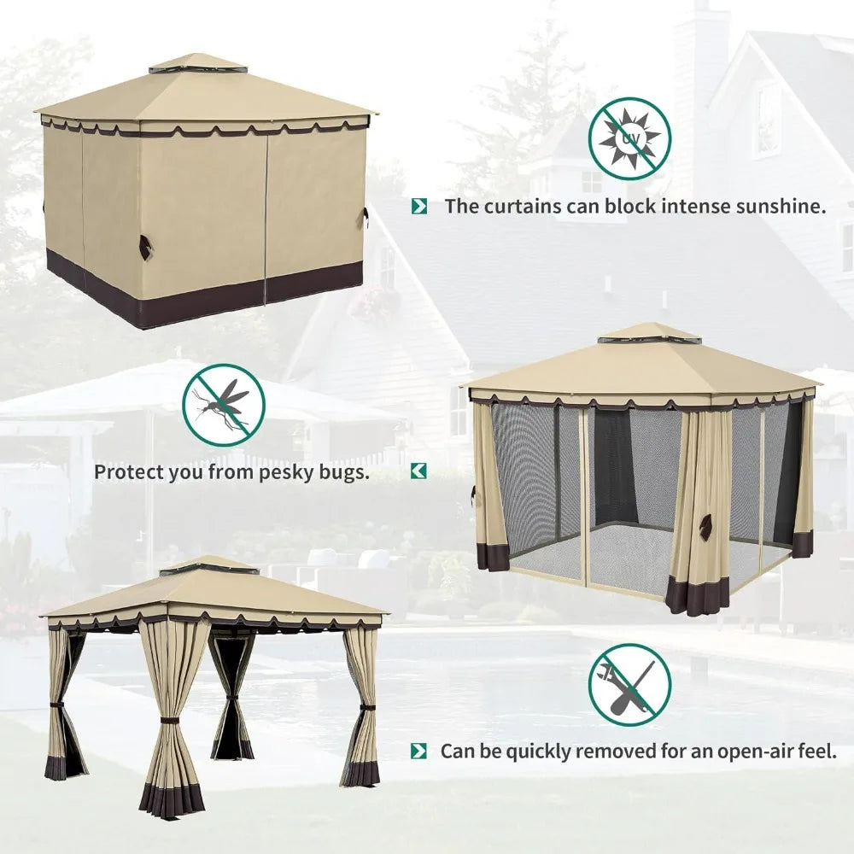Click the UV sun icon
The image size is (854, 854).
[x=629, y=138]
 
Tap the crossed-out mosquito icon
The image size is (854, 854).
[x=224, y=405]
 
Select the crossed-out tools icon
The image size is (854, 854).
[x=629, y=685]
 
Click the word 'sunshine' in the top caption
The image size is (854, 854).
[x=781, y=207]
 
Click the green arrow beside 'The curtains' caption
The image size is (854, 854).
[x=419, y=207]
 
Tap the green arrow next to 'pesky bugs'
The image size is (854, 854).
[x=418, y=471]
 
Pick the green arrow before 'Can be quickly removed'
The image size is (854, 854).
[x=418, y=751]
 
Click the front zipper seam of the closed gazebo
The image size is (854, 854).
[x=266, y=217]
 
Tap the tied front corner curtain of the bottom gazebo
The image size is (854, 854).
[x=173, y=719]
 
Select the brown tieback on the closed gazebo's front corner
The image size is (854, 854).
[x=145, y=247]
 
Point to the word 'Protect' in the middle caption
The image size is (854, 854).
[x=128, y=472]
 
